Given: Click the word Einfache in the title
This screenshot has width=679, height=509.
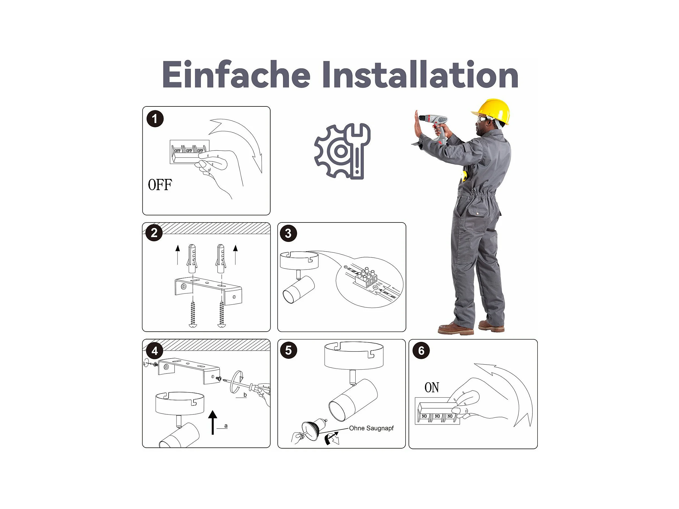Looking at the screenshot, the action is [x=236, y=74].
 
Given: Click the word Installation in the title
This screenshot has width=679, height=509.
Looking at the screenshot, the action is [x=420, y=74].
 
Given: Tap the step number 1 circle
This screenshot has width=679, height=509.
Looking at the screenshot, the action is [x=155, y=119].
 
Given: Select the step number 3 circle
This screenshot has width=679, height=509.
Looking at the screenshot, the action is [x=288, y=233].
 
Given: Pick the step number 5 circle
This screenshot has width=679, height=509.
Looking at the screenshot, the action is [x=289, y=350].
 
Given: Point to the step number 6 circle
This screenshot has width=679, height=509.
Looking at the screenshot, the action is [x=421, y=350].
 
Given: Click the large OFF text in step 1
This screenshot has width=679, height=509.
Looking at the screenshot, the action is [x=160, y=185].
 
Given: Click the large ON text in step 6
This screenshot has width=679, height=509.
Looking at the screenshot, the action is [x=432, y=388].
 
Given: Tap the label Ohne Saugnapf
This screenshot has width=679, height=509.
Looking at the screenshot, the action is [x=371, y=428].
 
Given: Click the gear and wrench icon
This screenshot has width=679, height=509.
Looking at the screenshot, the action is [x=343, y=151].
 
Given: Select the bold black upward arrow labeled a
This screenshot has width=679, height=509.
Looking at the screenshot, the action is [x=212, y=423].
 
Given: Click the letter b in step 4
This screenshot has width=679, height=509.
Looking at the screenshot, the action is [x=245, y=395].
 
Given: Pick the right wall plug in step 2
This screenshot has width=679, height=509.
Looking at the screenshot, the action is [x=221, y=258].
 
